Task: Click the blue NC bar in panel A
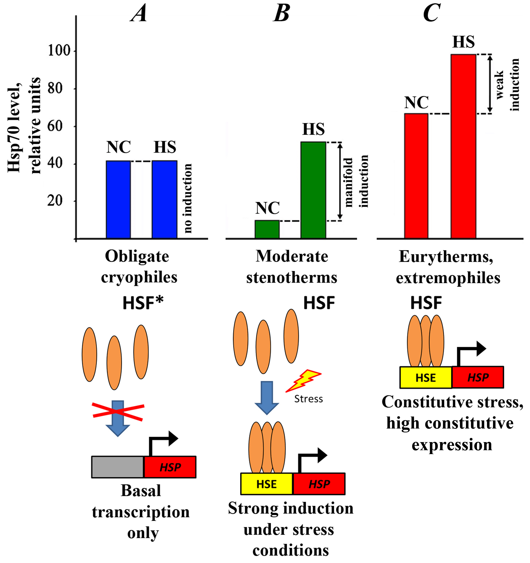(118, 200)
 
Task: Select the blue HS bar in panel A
(164, 200)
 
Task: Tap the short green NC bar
(267, 229)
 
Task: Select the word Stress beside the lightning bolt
(308, 399)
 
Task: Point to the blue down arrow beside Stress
(267, 398)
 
